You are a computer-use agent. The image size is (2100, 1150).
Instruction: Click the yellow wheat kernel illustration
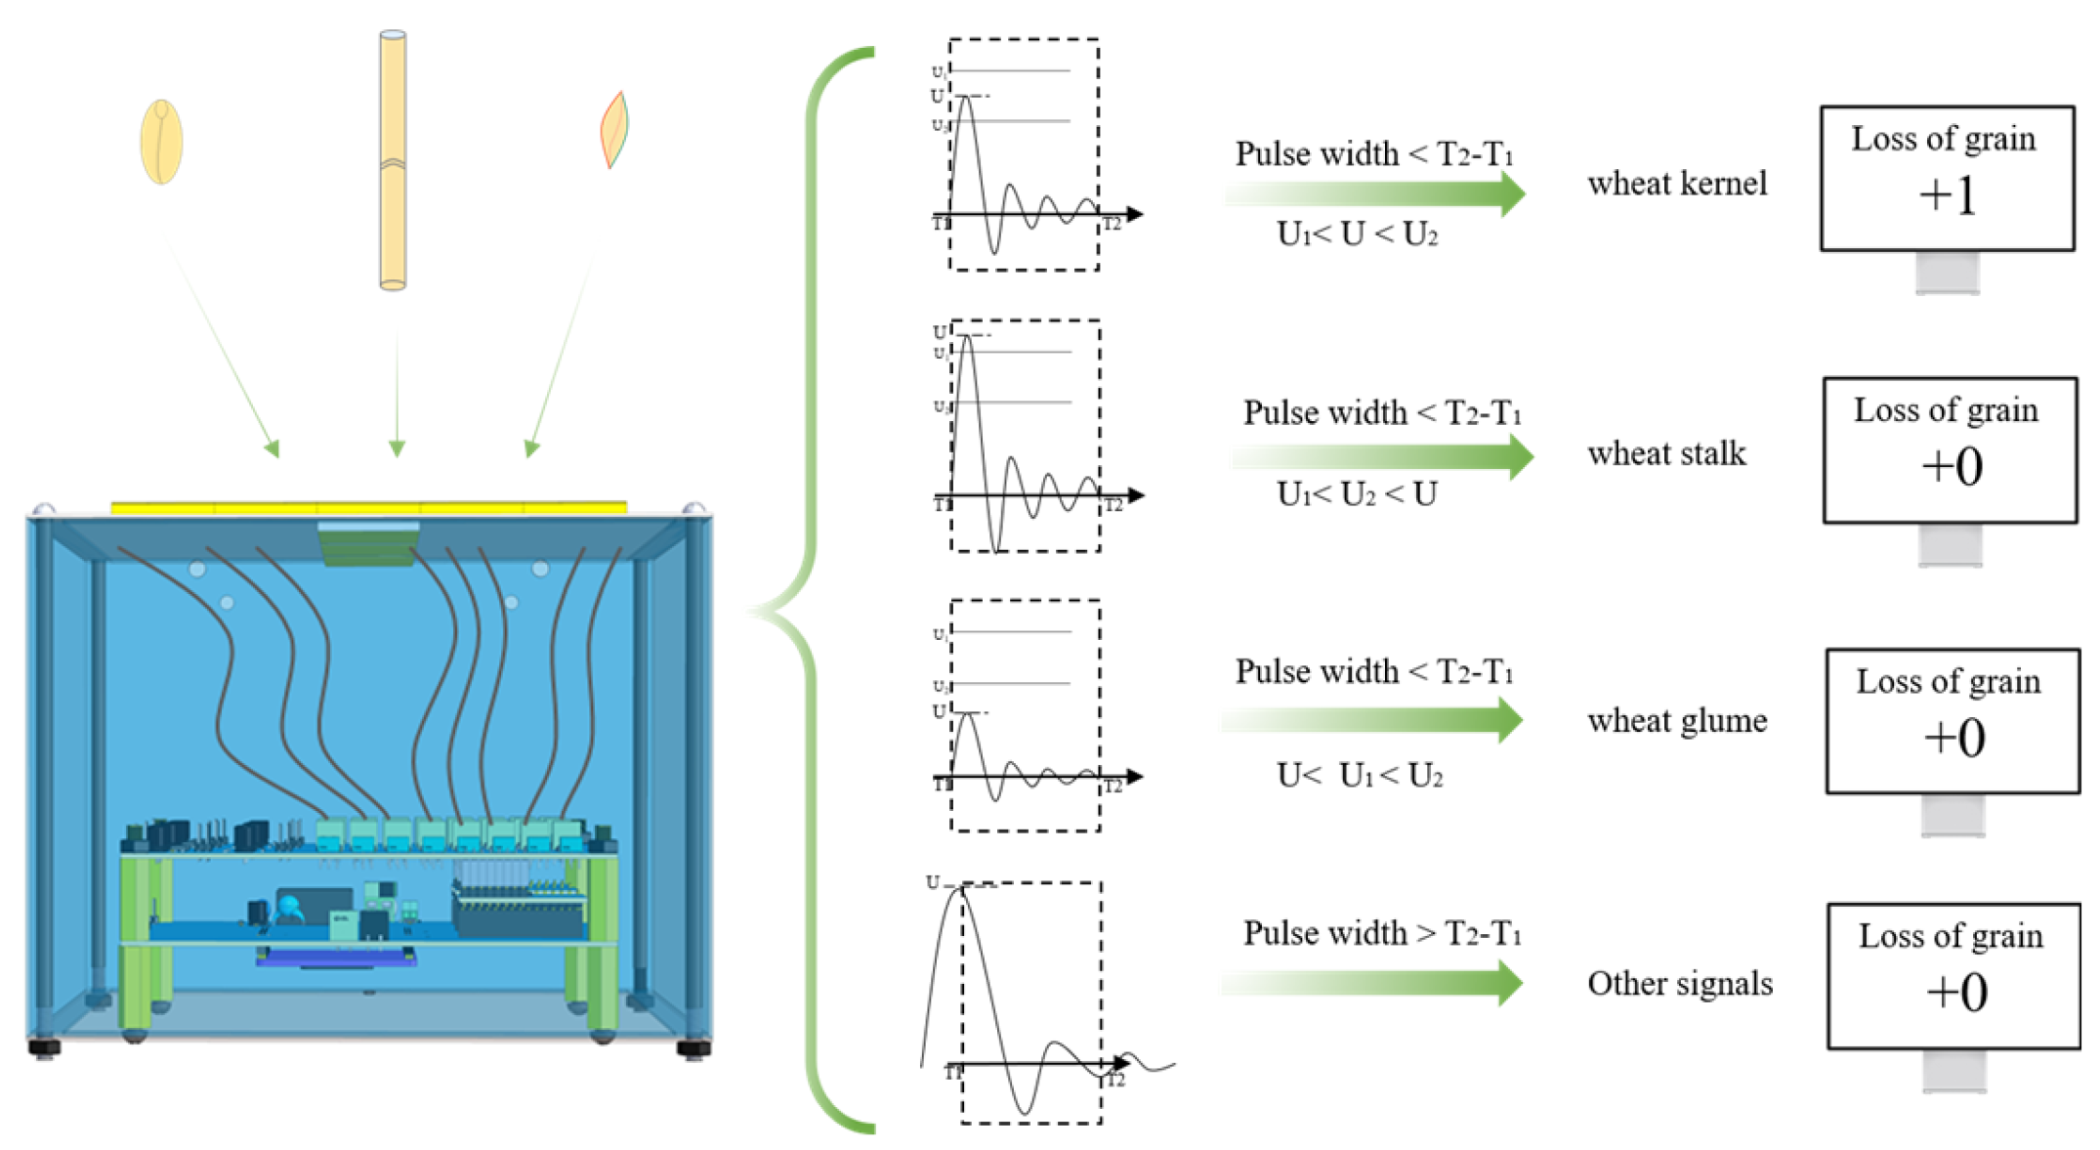[161, 143]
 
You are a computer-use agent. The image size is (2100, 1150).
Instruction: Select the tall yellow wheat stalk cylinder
[393, 161]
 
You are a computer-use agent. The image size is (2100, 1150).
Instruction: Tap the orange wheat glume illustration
[613, 130]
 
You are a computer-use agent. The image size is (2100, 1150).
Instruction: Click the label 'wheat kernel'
[1676, 184]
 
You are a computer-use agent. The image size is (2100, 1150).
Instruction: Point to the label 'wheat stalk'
[1666, 454]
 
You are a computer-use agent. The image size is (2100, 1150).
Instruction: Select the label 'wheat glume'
[1676, 722]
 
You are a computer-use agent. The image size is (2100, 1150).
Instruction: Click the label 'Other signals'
[1679, 984]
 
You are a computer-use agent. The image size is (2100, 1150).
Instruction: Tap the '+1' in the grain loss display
[1947, 196]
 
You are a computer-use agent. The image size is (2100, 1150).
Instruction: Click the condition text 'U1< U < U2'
[1357, 234]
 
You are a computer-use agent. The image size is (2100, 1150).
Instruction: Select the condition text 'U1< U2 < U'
[1357, 494]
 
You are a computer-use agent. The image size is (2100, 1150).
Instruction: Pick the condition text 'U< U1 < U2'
[1359, 776]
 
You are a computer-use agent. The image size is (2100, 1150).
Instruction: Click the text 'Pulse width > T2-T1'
[1381, 934]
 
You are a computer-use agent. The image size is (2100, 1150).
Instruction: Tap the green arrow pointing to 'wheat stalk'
[1382, 456]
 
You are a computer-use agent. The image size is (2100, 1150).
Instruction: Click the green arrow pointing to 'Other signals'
[1371, 983]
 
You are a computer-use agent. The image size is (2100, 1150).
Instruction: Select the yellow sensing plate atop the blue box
[368, 507]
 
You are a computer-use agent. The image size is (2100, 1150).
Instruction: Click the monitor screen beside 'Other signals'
[1953, 976]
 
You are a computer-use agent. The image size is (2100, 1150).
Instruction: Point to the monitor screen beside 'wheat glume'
[1953, 721]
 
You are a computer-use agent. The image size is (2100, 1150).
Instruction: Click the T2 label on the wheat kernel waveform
[1112, 225]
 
